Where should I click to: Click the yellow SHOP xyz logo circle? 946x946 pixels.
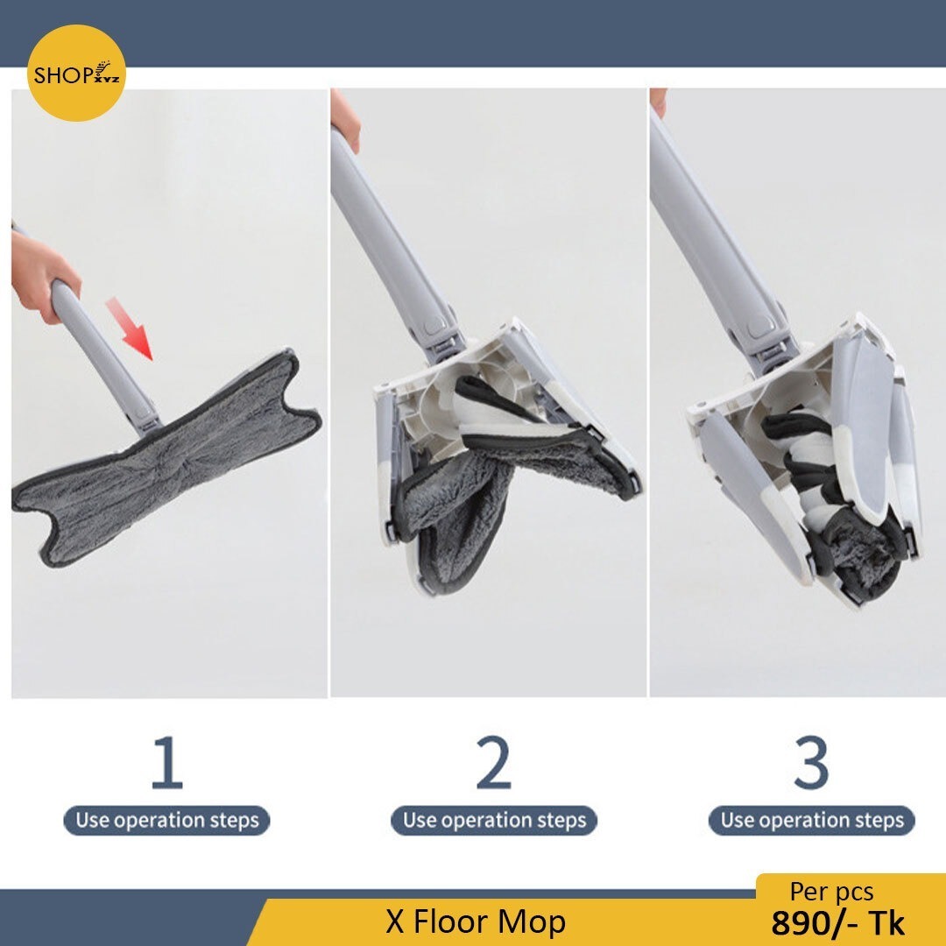click(x=76, y=73)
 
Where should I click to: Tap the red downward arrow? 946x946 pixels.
click(x=129, y=328)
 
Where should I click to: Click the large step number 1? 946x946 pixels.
click(x=166, y=762)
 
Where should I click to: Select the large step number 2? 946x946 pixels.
click(x=493, y=762)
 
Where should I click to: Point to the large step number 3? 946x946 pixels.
click(x=811, y=762)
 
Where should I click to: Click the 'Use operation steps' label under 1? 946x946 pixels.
click(x=166, y=821)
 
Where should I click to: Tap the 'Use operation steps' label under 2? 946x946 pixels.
click(x=494, y=821)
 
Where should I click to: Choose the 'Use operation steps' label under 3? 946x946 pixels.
click(x=811, y=821)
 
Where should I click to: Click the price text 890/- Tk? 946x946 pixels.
click(x=838, y=923)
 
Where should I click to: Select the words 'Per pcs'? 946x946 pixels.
click(x=831, y=893)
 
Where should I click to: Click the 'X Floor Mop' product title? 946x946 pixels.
click(x=476, y=921)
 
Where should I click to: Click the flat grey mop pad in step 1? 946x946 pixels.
click(x=166, y=458)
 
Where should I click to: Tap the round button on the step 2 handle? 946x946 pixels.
click(x=432, y=327)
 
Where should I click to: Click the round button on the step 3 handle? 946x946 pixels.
click(x=757, y=328)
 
